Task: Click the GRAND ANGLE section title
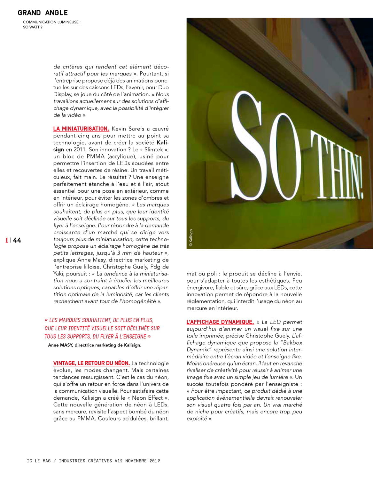[x=43, y=13]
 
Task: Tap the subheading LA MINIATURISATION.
[x=81, y=129]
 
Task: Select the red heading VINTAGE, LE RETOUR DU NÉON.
[x=91, y=363]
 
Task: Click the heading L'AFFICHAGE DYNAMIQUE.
[x=220, y=322]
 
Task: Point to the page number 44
[x=17, y=240]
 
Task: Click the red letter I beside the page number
[x=7, y=240]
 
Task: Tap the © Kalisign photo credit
[x=191, y=238]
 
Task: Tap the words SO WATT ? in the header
[x=33, y=27]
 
